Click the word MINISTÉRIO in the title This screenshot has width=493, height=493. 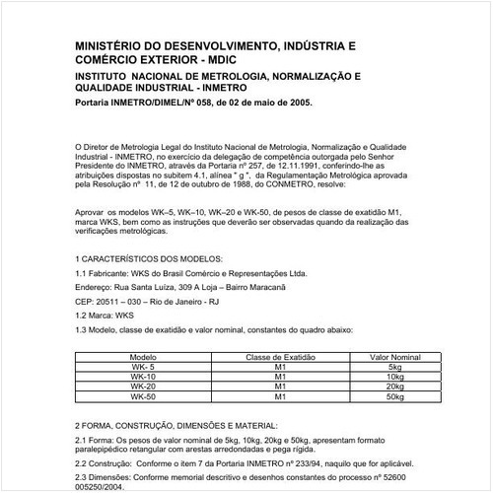110,45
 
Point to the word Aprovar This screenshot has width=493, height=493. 89,213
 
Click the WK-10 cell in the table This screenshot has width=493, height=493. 144,377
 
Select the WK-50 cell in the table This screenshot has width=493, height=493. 144,396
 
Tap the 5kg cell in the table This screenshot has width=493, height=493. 395,367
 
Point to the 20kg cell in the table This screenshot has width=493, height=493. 395,387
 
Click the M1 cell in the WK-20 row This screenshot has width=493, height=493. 279,387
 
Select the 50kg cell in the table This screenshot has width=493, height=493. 395,396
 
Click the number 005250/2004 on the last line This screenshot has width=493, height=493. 105,486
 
